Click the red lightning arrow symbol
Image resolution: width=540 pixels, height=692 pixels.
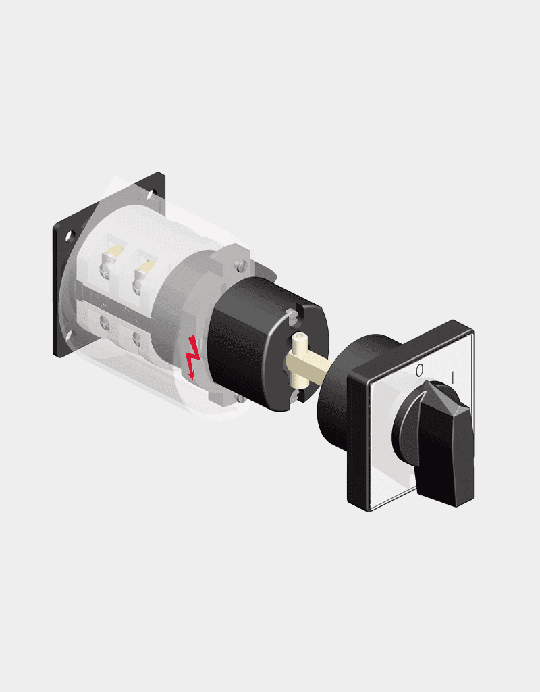[192, 357]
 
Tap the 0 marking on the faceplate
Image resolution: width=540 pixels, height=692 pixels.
[420, 370]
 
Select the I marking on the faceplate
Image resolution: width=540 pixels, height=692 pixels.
[453, 376]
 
